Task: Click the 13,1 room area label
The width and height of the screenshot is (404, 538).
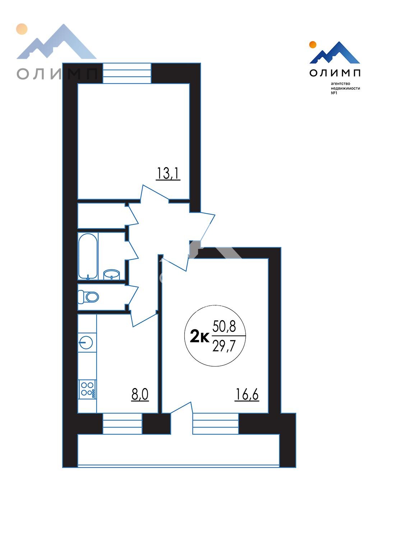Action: (168, 174)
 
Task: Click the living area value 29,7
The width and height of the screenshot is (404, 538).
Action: (224, 346)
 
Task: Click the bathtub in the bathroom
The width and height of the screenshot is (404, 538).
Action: (88, 256)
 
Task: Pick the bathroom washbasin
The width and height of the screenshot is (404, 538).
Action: (112, 275)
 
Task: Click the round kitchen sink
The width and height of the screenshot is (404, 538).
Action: (86, 343)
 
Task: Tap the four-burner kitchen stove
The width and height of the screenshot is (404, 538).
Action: (87, 390)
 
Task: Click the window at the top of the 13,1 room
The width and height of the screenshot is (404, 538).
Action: (127, 73)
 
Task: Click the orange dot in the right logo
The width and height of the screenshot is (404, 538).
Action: (312, 44)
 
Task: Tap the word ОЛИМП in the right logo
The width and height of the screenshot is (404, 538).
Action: (335, 73)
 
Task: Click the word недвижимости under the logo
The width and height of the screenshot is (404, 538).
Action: (345, 88)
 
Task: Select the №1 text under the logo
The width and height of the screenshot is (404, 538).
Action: (334, 93)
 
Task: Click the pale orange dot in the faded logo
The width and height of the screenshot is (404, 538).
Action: (22, 29)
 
